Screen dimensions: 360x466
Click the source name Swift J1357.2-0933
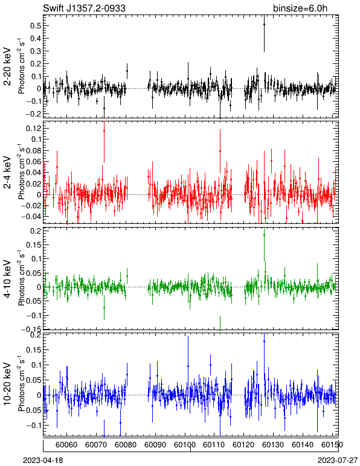pos(84,8)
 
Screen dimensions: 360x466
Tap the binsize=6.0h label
pos(300,8)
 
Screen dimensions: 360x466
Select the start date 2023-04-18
pos(43,461)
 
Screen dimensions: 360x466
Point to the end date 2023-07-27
pos(338,461)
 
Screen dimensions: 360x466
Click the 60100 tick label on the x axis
pos(185,445)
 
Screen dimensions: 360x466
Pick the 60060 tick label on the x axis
pos(66,445)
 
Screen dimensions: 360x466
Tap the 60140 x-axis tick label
pos(303,445)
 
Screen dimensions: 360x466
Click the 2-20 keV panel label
pos(7,66)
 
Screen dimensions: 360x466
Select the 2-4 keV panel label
pos(7,173)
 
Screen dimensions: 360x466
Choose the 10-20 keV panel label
pos(7,384)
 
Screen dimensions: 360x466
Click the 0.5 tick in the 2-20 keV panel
pos(36,25)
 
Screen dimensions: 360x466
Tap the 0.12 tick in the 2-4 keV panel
pos(33,128)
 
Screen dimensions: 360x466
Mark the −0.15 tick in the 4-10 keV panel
pos(31,330)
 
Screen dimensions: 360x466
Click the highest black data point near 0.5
pos(264,24)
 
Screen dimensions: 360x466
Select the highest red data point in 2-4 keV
pos(104,130)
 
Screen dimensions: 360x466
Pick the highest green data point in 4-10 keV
pos(264,235)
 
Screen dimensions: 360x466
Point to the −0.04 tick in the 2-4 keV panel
pos(31,216)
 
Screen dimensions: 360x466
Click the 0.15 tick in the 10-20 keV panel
pos(33,349)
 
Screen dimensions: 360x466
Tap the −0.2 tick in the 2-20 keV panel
pos(33,114)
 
